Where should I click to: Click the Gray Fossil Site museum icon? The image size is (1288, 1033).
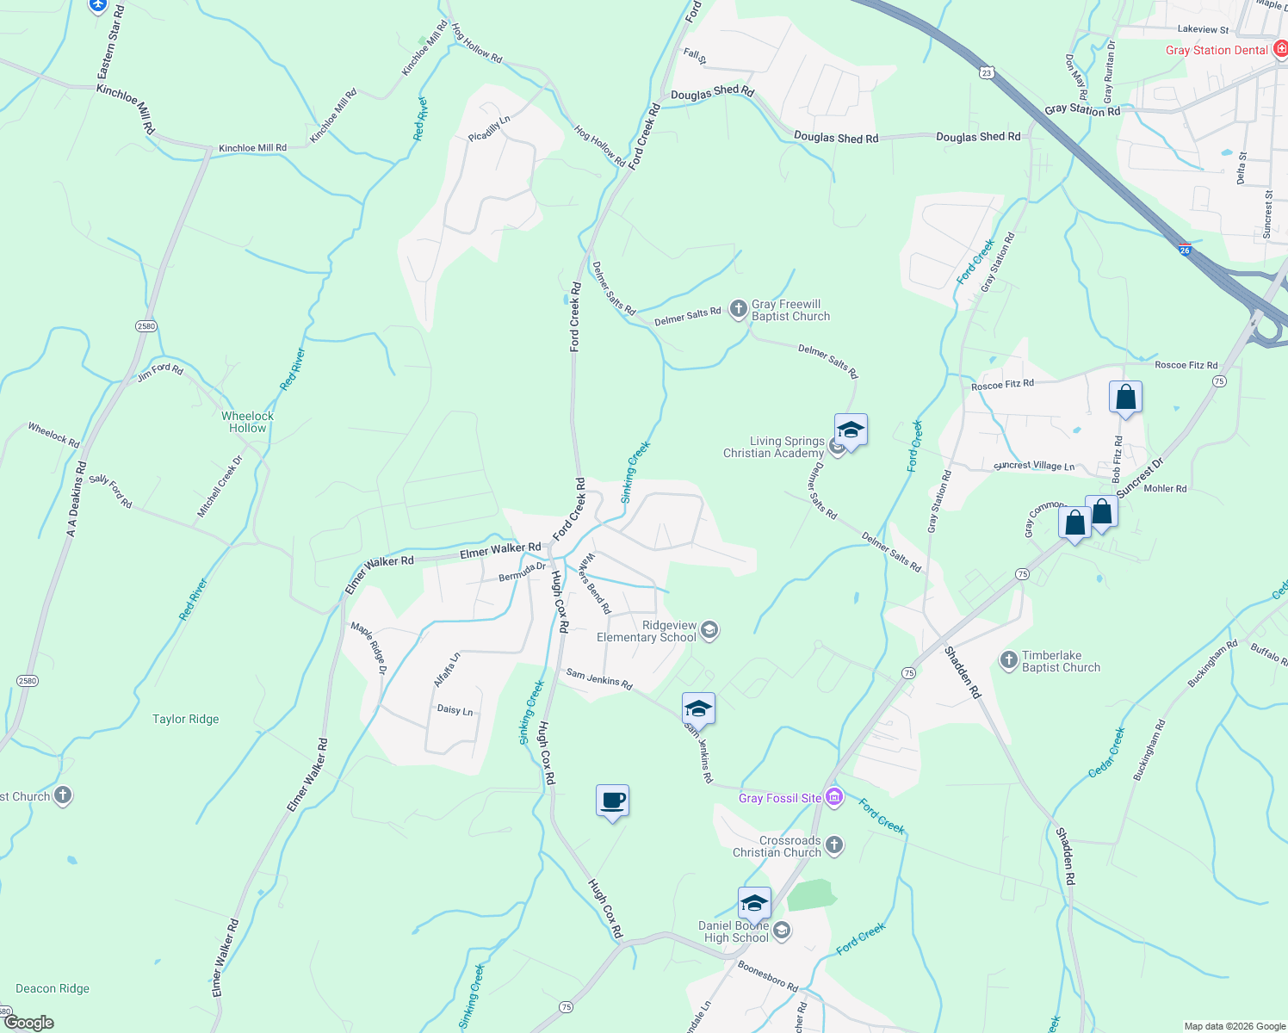(833, 797)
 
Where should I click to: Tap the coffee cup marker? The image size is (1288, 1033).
(612, 801)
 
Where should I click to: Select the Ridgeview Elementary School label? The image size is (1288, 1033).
(647, 632)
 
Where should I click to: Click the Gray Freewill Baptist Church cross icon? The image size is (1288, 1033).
(738, 309)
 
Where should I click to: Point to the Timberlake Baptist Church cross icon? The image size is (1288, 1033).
(1008, 660)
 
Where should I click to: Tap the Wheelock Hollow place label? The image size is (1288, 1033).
(247, 422)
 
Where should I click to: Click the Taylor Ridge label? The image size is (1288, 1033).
(186, 719)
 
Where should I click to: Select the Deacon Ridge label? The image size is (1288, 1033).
(53, 988)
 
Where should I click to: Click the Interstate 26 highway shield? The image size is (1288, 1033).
(1185, 251)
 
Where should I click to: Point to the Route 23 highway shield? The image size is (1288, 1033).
(986, 73)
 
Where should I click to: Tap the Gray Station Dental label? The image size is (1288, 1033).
(1217, 50)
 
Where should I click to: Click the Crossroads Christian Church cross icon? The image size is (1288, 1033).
(833, 845)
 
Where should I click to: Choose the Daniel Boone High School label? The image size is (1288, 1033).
(734, 931)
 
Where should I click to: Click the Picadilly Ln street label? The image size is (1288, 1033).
(489, 129)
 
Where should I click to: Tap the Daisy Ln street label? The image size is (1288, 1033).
(455, 710)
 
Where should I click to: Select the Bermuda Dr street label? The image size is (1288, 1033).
(522, 572)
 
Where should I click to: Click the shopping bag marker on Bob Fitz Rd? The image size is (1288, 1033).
(1125, 399)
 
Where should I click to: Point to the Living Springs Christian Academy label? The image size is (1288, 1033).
(773, 447)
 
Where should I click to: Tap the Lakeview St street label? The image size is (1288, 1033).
(1203, 29)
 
